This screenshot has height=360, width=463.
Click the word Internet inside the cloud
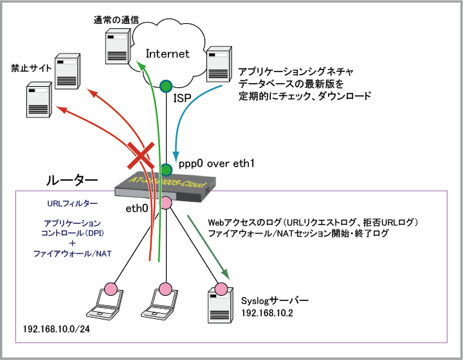(x=168, y=53)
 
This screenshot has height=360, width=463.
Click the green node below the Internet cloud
(x=166, y=85)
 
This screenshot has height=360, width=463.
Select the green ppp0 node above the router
(x=167, y=170)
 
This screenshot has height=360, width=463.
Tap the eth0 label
(x=137, y=209)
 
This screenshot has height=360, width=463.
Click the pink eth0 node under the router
(x=166, y=203)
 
